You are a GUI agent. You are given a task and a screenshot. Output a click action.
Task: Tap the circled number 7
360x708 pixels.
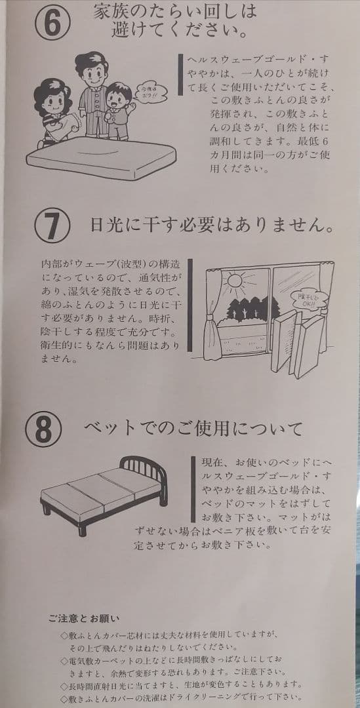52,224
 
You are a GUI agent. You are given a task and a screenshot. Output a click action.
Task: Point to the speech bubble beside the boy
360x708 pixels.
150,92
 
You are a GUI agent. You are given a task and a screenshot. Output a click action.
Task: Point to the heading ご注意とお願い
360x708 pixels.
84,618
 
